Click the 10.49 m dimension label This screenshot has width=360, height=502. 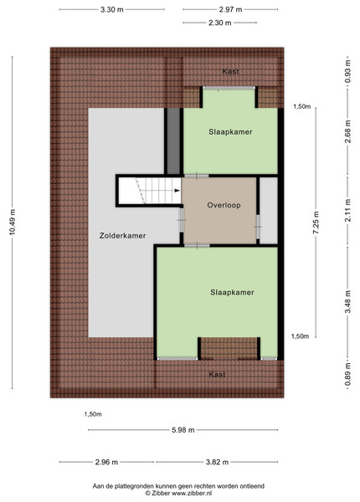click(13, 222)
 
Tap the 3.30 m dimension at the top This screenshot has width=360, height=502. click(112, 9)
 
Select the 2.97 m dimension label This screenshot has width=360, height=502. click(230, 9)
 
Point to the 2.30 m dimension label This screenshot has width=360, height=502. click(219, 23)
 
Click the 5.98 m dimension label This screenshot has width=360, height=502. click(183, 430)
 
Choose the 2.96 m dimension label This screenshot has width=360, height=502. click(106, 462)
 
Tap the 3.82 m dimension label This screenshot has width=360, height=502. click(217, 462)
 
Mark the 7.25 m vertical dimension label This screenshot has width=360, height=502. click(316, 223)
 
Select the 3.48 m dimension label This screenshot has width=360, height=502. click(347, 301)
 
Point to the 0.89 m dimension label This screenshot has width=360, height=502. click(347, 375)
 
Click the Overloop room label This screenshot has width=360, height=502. click(224, 205)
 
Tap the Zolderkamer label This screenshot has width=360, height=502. click(123, 236)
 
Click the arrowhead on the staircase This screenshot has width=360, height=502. click(177, 191)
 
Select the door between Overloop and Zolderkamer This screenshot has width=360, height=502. click(182, 220)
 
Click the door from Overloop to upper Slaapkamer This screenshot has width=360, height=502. click(197, 176)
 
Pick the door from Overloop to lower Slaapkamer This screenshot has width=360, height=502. click(197, 245)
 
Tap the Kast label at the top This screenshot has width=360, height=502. click(230, 71)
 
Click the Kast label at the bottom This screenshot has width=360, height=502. click(217, 374)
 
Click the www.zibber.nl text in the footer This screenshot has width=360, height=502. click(192, 494)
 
